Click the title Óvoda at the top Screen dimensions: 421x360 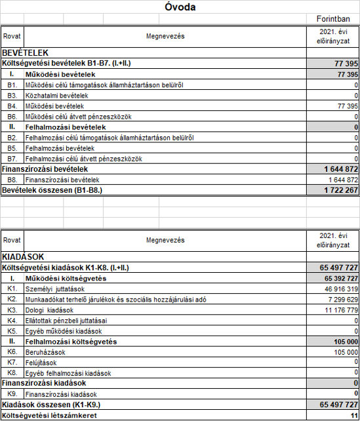(180, 8)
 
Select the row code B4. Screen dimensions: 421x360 (12, 106)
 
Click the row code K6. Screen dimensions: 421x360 (12, 351)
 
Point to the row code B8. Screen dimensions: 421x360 (12, 179)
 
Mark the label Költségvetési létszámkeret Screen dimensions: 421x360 (47, 415)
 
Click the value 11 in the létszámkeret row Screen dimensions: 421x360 (353, 415)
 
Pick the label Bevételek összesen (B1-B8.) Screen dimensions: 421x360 (52, 190)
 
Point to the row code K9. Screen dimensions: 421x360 (12, 394)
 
